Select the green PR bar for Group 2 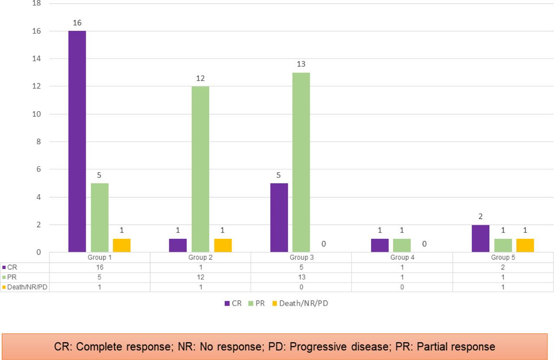(200, 169)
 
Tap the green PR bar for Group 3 (301, 162)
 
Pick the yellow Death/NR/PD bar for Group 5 (525, 245)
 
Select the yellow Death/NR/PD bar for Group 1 (122, 245)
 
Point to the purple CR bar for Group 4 (380, 245)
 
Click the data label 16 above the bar (77, 23)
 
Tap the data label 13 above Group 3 (301, 64)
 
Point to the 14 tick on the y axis (37, 58)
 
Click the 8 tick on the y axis (39, 141)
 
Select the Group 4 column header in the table (402, 257)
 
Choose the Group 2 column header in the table (200, 257)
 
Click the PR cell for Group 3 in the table (301, 277)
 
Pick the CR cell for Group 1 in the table (100, 267)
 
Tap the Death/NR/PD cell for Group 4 (402, 287)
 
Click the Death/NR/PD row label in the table (27, 287)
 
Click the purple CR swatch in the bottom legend (227, 303)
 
